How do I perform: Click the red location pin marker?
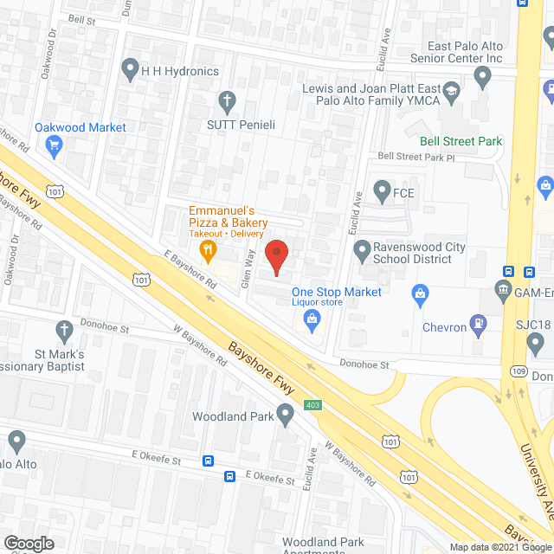point(275,254)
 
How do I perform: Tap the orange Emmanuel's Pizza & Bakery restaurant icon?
point(208,252)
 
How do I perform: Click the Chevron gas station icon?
point(477,325)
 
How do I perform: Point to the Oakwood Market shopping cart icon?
point(54,145)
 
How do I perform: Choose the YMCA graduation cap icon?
point(450,90)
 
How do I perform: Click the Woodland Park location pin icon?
point(285,416)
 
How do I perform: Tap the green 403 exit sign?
point(312,405)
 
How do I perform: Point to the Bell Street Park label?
point(461,141)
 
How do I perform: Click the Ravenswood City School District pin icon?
point(363,252)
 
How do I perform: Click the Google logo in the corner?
point(29,544)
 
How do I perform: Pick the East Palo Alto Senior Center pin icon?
point(483,81)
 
